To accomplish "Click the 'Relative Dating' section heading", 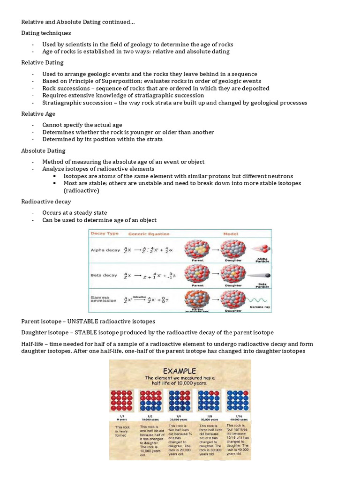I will click(42, 62).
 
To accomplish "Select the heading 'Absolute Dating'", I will click(43, 150).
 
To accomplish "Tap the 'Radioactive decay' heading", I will click(46, 201).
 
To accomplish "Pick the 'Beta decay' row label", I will click(104, 275).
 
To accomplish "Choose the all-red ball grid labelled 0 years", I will click(122, 400).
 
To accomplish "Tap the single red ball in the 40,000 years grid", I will click(229, 392).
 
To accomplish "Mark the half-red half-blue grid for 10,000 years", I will click(151, 400).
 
